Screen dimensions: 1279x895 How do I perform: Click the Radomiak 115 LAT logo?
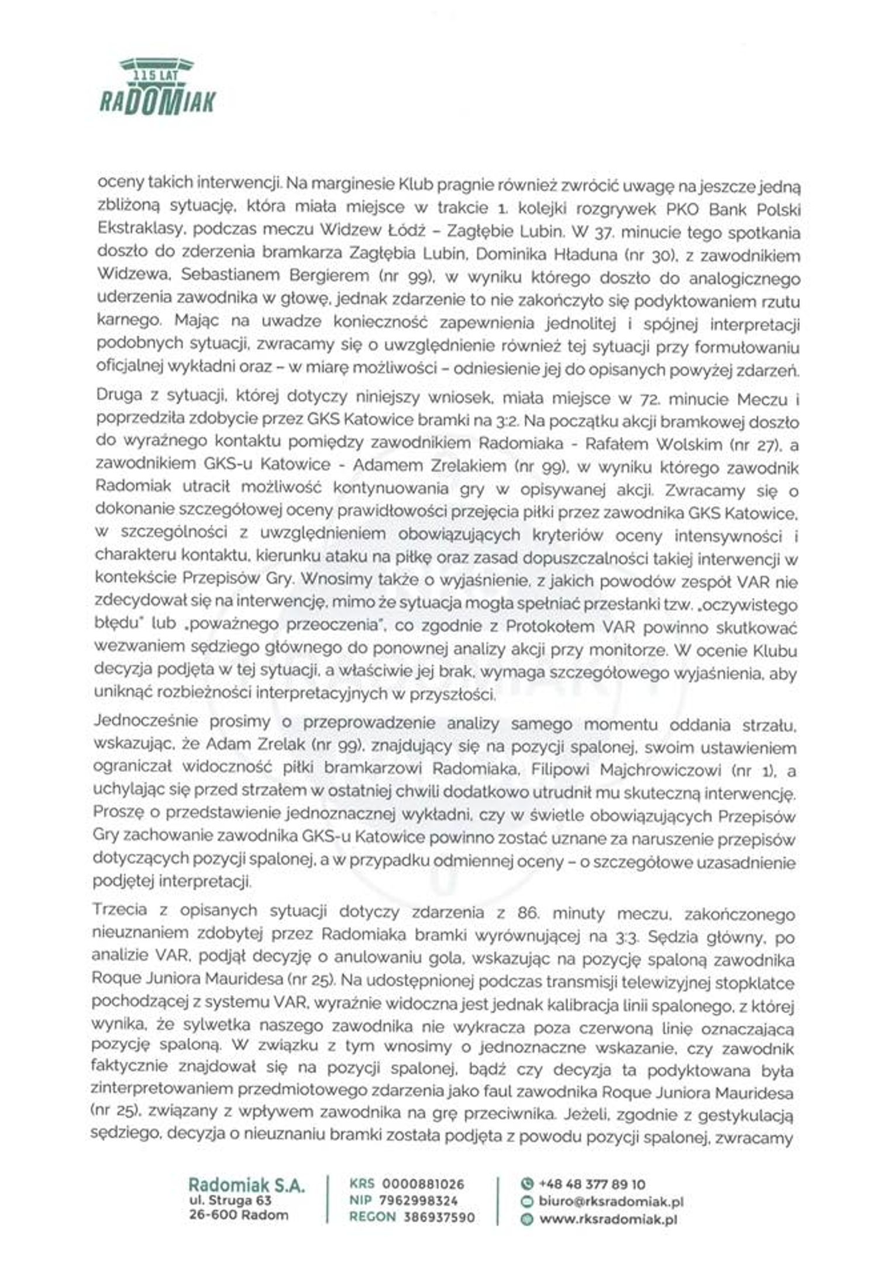tap(157, 87)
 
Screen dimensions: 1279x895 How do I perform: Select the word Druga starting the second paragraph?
tap(119, 395)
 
